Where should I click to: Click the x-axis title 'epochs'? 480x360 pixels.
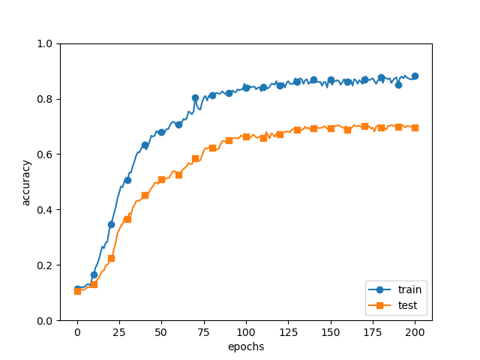(246, 347)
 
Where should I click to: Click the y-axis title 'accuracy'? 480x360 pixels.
(26, 182)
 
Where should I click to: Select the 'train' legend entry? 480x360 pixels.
(408, 289)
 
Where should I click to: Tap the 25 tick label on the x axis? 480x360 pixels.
(119, 331)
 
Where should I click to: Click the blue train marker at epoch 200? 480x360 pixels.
(415, 76)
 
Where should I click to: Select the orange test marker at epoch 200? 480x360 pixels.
(415, 127)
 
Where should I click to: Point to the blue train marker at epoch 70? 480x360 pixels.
(195, 97)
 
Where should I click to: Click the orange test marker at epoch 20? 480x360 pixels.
(111, 258)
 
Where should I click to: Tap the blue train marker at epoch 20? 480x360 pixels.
(111, 224)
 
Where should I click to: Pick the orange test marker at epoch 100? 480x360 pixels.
(246, 136)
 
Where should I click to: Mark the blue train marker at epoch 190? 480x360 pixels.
(398, 85)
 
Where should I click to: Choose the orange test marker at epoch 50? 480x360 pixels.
(161, 179)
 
